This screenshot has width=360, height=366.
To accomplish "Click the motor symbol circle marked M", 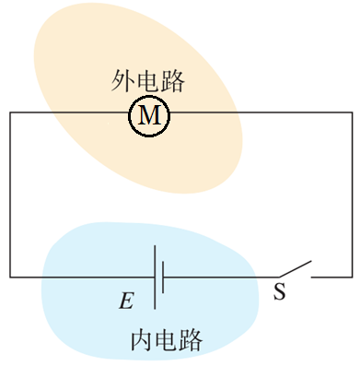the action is point(149,114).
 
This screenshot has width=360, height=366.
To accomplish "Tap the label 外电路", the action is point(148,81).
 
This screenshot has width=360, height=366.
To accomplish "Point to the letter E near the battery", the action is point(125,301).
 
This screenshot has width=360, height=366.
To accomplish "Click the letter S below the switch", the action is point(280,292).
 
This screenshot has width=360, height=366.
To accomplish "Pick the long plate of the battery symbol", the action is point(154,277).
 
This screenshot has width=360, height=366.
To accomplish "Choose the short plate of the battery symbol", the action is point(164,277).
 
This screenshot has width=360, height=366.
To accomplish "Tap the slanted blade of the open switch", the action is point(294,269).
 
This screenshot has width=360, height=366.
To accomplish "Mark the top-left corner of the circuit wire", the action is point(10,113).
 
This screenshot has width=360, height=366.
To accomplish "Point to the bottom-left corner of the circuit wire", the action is point(10,277).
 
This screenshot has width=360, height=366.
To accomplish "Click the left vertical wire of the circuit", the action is point(10,194).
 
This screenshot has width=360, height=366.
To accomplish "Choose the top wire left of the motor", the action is point(69,113).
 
